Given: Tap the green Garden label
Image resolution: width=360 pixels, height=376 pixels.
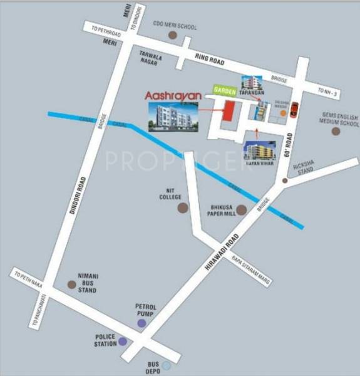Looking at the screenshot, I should [224, 90].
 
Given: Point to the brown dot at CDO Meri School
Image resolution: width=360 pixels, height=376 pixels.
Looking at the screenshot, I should [173, 36].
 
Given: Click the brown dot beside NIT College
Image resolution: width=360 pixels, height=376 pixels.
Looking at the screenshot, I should [183, 207].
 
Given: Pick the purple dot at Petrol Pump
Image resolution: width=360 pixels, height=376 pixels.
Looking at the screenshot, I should [142, 323].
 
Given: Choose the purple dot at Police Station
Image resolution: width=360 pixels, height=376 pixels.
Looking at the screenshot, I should [123, 342].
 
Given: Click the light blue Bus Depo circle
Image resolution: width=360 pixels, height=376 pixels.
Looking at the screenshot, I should [166, 365].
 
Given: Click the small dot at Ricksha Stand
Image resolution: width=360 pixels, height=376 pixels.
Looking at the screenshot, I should [285, 180].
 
